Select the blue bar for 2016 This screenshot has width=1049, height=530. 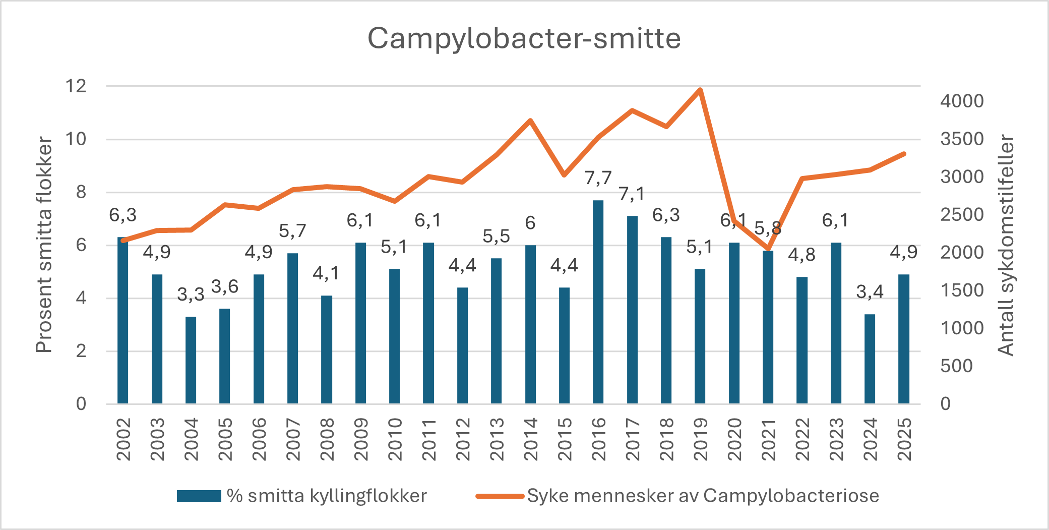[x=598, y=302]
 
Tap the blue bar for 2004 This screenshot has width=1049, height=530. [x=191, y=360]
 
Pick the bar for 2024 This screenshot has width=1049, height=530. [x=870, y=359]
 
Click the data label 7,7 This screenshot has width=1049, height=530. [x=598, y=178]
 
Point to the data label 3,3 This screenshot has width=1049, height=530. [x=191, y=295]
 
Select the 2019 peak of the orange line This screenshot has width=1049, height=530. [x=700, y=90]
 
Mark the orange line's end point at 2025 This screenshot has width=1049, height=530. [x=904, y=154]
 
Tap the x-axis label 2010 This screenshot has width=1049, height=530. [x=395, y=439]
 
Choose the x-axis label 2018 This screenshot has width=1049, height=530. [x=666, y=439]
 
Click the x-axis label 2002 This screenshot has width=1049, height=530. [x=124, y=439]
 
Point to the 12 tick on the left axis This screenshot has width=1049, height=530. [x=76, y=86]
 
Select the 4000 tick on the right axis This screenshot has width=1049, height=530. [x=962, y=101]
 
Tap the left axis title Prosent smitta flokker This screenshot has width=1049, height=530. [x=44, y=245]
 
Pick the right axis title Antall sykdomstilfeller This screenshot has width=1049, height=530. [x=1006, y=245]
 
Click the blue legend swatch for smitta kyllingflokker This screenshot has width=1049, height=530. [x=199, y=496]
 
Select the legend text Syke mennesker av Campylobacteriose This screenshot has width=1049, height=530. [x=703, y=496]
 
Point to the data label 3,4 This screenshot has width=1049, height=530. [x=870, y=292]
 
